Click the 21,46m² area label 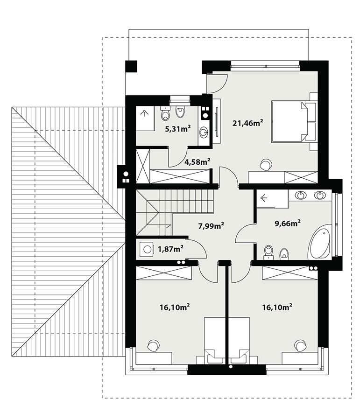[247, 123]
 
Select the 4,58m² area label [197, 162]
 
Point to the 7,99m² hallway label [211, 226]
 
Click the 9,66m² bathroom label [287, 223]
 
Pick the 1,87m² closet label [170, 249]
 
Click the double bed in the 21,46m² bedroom [289, 121]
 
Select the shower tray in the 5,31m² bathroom [145, 119]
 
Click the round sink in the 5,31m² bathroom [203, 133]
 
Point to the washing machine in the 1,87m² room [147, 249]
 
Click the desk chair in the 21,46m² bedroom [265, 164]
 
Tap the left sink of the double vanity [301, 195]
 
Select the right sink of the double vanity [320, 195]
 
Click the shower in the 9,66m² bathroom [272, 199]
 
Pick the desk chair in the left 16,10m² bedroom [154, 345]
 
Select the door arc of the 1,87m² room [202, 246]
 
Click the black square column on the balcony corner [131, 66]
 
